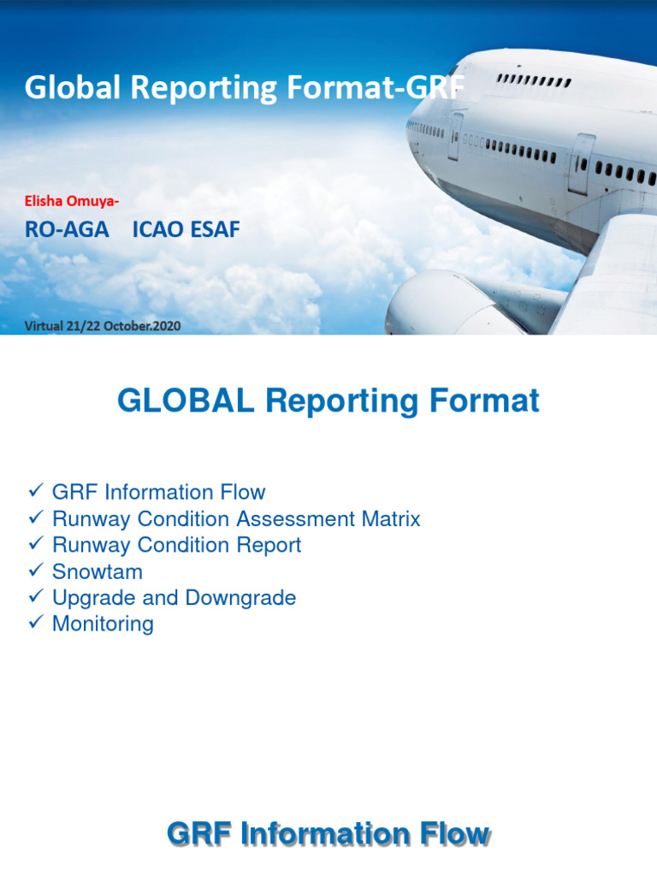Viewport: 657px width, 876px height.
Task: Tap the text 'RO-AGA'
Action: point(67,229)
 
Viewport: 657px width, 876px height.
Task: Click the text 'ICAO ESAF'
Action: point(186,229)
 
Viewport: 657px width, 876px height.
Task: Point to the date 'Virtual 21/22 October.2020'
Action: point(103,326)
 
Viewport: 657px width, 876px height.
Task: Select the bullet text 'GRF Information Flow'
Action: point(158,492)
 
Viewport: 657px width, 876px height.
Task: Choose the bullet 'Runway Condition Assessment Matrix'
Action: point(236,518)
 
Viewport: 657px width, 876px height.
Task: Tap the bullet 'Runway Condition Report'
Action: point(176,545)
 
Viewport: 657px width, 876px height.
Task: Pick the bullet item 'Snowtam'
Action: point(97,571)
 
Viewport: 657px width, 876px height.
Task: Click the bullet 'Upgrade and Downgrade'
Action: point(174,597)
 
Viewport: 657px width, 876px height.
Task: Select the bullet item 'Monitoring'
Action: point(103,624)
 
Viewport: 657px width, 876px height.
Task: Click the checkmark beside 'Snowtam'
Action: point(36,571)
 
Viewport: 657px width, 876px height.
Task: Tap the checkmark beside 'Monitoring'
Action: point(36,623)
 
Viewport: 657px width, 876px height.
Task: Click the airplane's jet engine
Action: point(432,304)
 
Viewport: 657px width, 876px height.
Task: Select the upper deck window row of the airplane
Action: point(534,81)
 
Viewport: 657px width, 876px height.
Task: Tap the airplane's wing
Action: point(612,274)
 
